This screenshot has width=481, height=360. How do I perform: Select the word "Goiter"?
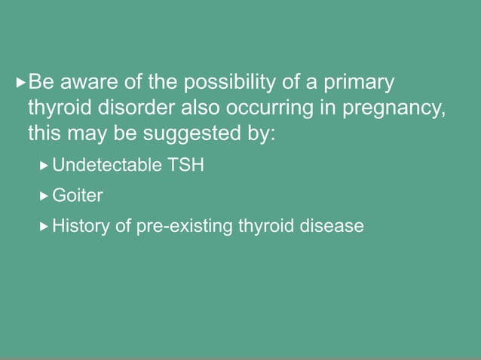[77, 195]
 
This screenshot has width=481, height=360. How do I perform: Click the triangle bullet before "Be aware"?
[20, 81]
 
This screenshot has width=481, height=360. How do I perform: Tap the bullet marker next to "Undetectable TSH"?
[44, 165]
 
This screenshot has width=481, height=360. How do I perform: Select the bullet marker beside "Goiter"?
[44, 195]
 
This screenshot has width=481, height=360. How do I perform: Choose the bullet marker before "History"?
[44, 225]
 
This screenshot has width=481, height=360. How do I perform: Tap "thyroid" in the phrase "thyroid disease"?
[266, 225]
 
